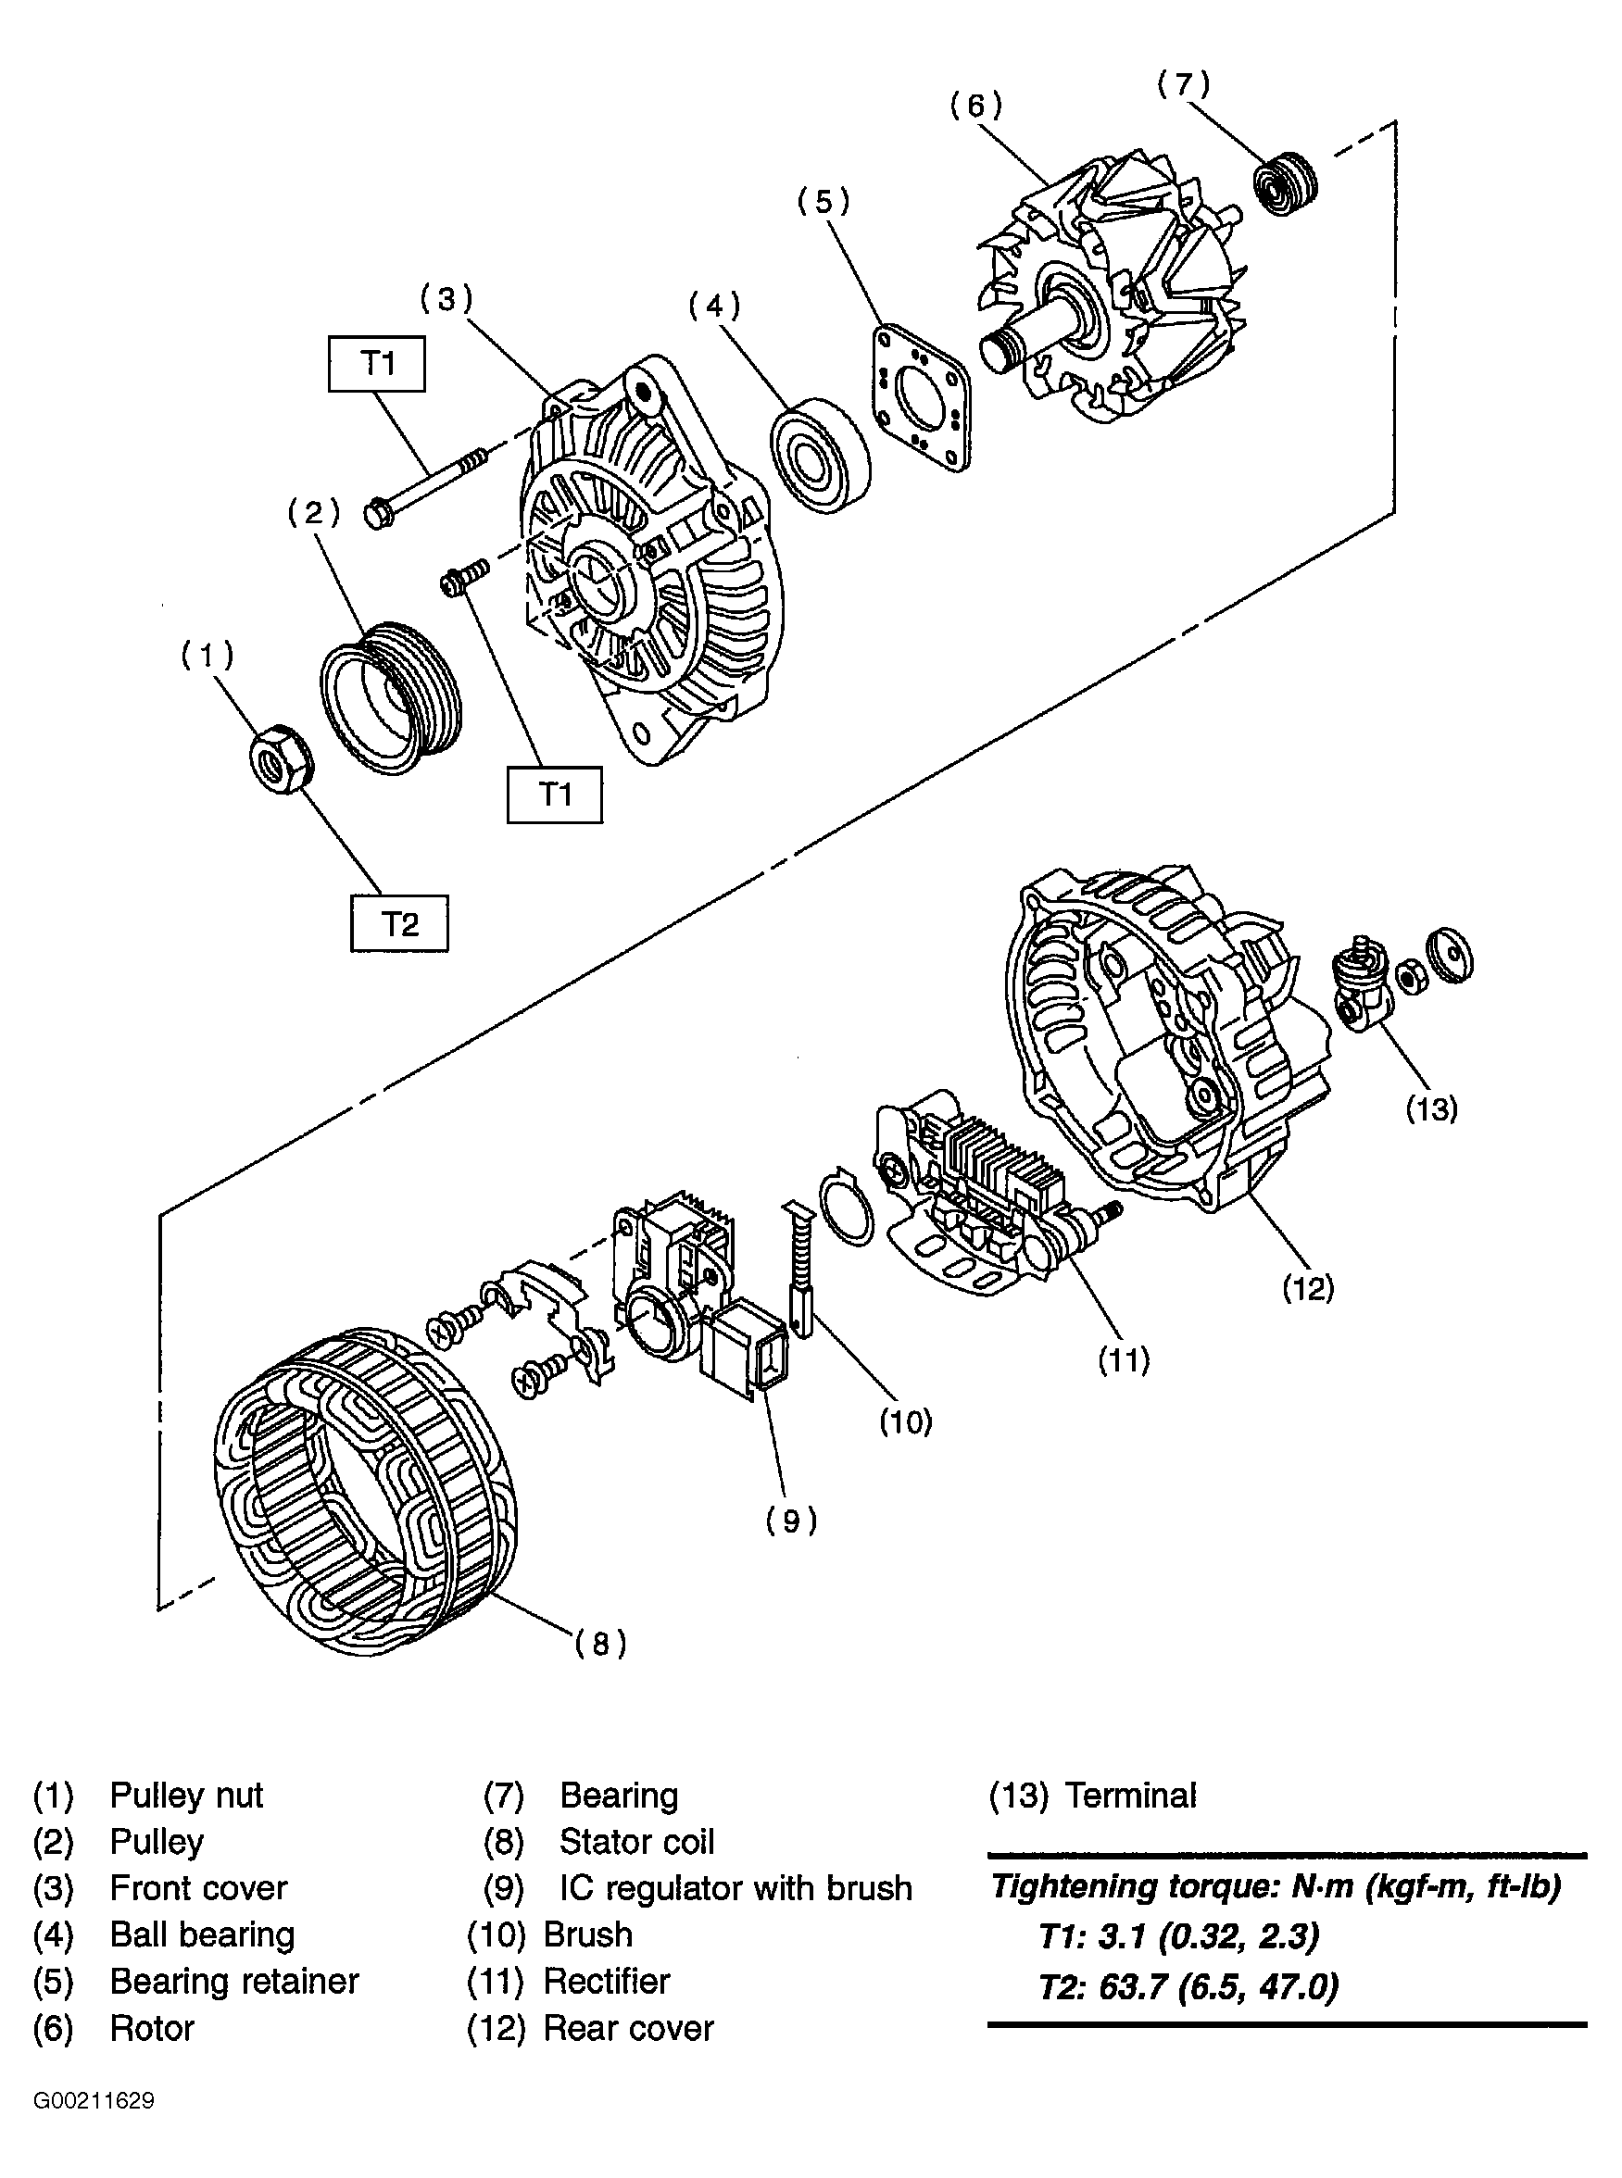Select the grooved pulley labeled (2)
pyautogui.click(x=391, y=698)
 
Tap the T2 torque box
pyautogui.click(x=399, y=923)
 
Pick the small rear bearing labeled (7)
pyautogui.click(x=1285, y=183)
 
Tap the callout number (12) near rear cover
pyautogui.click(x=1308, y=1288)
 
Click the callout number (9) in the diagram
pyautogui.click(x=791, y=1521)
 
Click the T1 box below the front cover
pyautogui.click(x=555, y=794)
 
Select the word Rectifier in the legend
pyautogui.click(x=606, y=1981)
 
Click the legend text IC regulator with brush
pyautogui.click(x=736, y=1887)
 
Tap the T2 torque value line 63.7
pyautogui.click(x=1188, y=1986)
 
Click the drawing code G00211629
pyautogui.click(x=94, y=2100)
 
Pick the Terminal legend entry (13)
pyautogui.click(x=1092, y=1796)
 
